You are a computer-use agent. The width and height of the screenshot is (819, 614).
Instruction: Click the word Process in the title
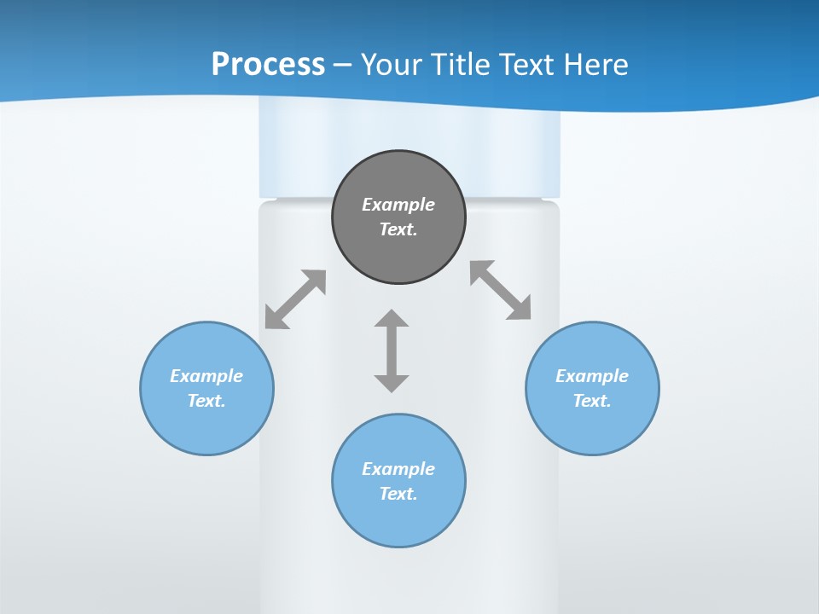point(268,65)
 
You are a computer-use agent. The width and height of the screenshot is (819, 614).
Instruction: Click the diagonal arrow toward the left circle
point(295,299)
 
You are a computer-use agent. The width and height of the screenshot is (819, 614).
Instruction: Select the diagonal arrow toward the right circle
point(501,290)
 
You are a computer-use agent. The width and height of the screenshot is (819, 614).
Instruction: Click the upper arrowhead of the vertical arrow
point(392,319)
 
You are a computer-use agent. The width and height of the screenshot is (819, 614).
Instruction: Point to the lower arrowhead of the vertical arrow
point(392,381)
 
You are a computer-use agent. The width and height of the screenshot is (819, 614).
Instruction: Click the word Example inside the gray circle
point(398,205)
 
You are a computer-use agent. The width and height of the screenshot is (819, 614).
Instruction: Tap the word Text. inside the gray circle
point(398,229)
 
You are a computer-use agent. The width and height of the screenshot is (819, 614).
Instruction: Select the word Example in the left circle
point(206,376)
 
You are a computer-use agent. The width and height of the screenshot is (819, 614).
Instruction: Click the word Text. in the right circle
point(592,401)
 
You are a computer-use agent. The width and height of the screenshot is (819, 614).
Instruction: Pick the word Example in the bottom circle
point(398,469)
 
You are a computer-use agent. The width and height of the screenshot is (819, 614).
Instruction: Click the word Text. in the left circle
point(206,401)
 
